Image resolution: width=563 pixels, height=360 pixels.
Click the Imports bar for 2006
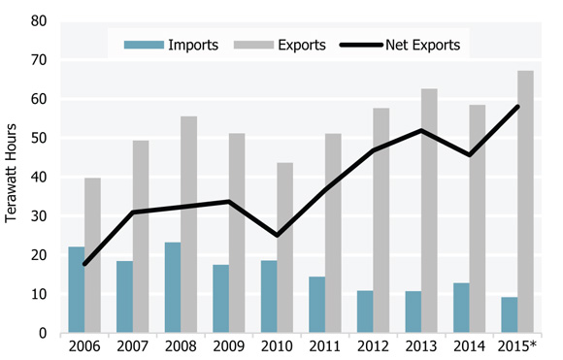(x=76, y=289)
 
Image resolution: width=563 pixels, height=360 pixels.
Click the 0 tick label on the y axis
(x=44, y=333)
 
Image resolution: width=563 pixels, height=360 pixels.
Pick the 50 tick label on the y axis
(x=40, y=138)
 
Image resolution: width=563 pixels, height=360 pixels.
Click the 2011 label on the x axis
(x=324, y=346)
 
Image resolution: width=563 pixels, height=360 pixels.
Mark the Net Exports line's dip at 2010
(x=277, y=236)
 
